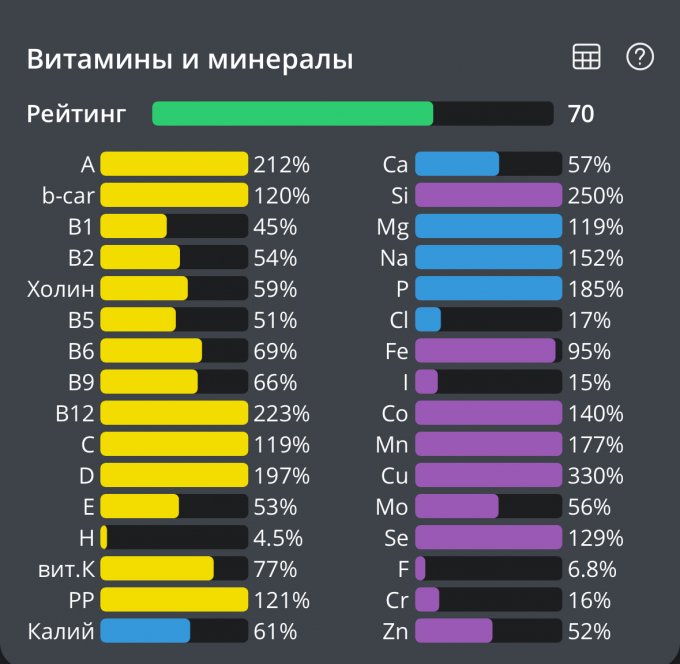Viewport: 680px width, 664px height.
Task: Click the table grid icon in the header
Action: tap(586, 58)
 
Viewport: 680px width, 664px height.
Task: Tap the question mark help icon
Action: tap(639, 57)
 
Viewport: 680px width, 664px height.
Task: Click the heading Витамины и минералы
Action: tap(190, 60)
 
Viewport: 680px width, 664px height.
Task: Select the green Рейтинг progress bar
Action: tap(292, 114)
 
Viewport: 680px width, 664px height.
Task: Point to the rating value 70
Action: tap(581, 114)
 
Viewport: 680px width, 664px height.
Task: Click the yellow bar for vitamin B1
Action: tap(133, 226)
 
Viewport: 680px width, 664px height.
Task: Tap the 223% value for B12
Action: tap(281, 413)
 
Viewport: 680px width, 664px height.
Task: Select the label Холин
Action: tap(61, 289)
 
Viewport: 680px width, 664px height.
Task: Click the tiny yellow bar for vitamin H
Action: tap(104, 538)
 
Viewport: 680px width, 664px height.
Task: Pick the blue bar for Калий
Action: tap(145, 631)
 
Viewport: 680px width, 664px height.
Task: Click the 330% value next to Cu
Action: tap(596, 475)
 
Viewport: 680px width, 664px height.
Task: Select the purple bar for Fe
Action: tap(485, 351)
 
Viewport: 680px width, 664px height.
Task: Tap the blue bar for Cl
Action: tap(427, 320)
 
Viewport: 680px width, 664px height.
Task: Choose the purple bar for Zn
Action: tap(453, 631)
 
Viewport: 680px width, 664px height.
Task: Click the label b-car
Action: tap(68, 195)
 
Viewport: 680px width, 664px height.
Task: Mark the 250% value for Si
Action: tap(596, 195)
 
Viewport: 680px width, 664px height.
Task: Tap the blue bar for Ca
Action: tap(456, 164)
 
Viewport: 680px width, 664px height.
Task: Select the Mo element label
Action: tap(392, 507)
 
